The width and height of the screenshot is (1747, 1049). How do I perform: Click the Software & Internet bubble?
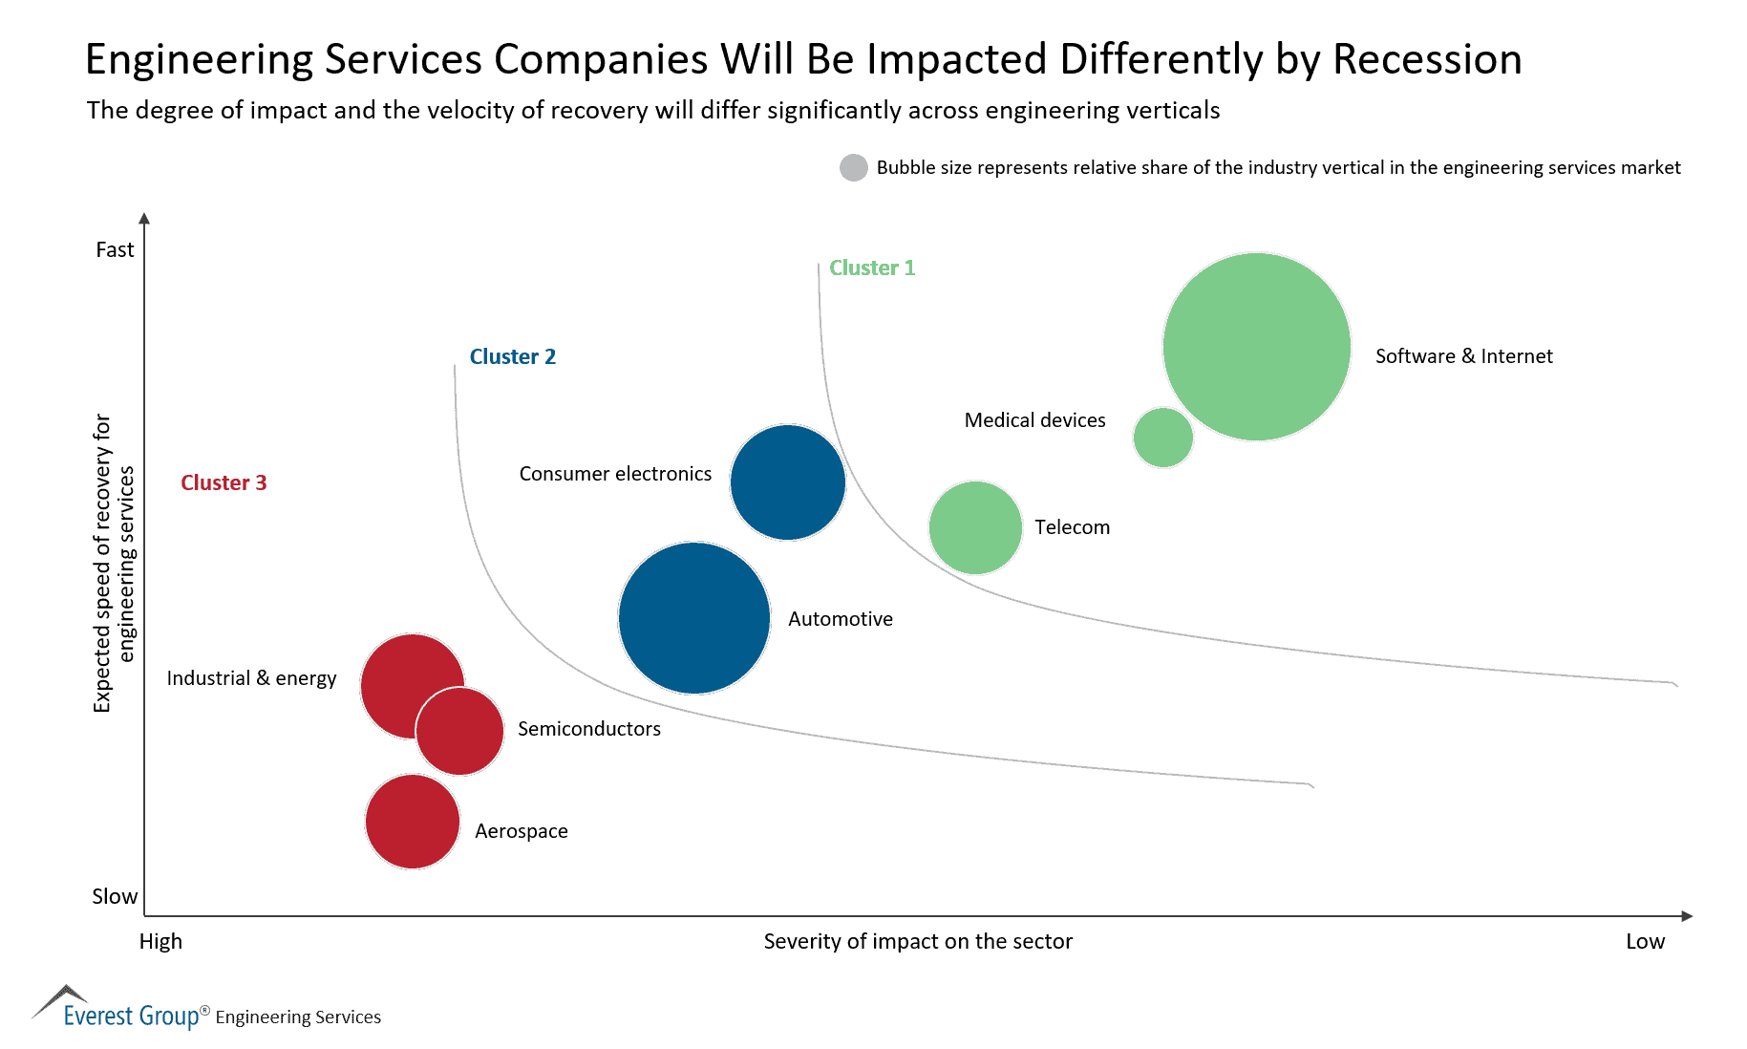coord(1256,347)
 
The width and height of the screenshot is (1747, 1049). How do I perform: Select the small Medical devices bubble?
coord(1162,438)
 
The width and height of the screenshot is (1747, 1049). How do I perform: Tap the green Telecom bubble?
coord(975,527)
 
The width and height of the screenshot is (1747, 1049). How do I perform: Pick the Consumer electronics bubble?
coord(787,482)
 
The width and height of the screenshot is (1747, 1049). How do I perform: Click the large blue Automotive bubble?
coord(694,618)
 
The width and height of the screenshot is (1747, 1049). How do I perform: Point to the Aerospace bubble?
coord(413,822)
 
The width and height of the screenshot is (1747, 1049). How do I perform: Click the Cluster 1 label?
coord(871,268)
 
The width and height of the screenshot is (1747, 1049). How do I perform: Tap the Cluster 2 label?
coord(512,356)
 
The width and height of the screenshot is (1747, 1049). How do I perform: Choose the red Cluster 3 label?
coord(224,482)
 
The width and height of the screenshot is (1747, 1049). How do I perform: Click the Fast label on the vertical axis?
coord(115,250)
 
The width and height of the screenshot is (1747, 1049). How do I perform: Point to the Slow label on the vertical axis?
coord(115,896)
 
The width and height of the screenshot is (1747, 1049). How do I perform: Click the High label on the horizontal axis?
coord(160,941)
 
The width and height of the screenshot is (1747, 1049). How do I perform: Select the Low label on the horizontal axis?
coord(1645,941)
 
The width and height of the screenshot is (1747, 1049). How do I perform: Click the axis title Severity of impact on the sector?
coord(918,941)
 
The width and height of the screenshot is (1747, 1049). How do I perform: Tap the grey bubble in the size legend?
coord(853,167)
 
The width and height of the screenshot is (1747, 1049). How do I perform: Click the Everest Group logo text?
coord(131,1016)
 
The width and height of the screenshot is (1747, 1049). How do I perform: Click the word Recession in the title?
coord(1426,59)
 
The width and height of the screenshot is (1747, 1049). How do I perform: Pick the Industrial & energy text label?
coord(251,678)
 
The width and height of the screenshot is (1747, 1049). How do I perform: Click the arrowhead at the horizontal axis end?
coord(1687,916)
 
